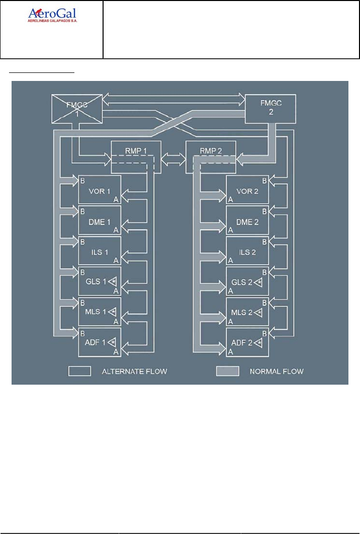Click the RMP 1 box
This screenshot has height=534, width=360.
pos(136,157)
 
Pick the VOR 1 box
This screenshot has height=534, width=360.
pos(100,190)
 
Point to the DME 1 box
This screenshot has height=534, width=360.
pos(100,220)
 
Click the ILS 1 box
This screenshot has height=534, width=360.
pos(100,250)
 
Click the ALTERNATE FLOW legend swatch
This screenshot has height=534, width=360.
pos(79,372)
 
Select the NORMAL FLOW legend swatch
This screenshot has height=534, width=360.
pos(227,372)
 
